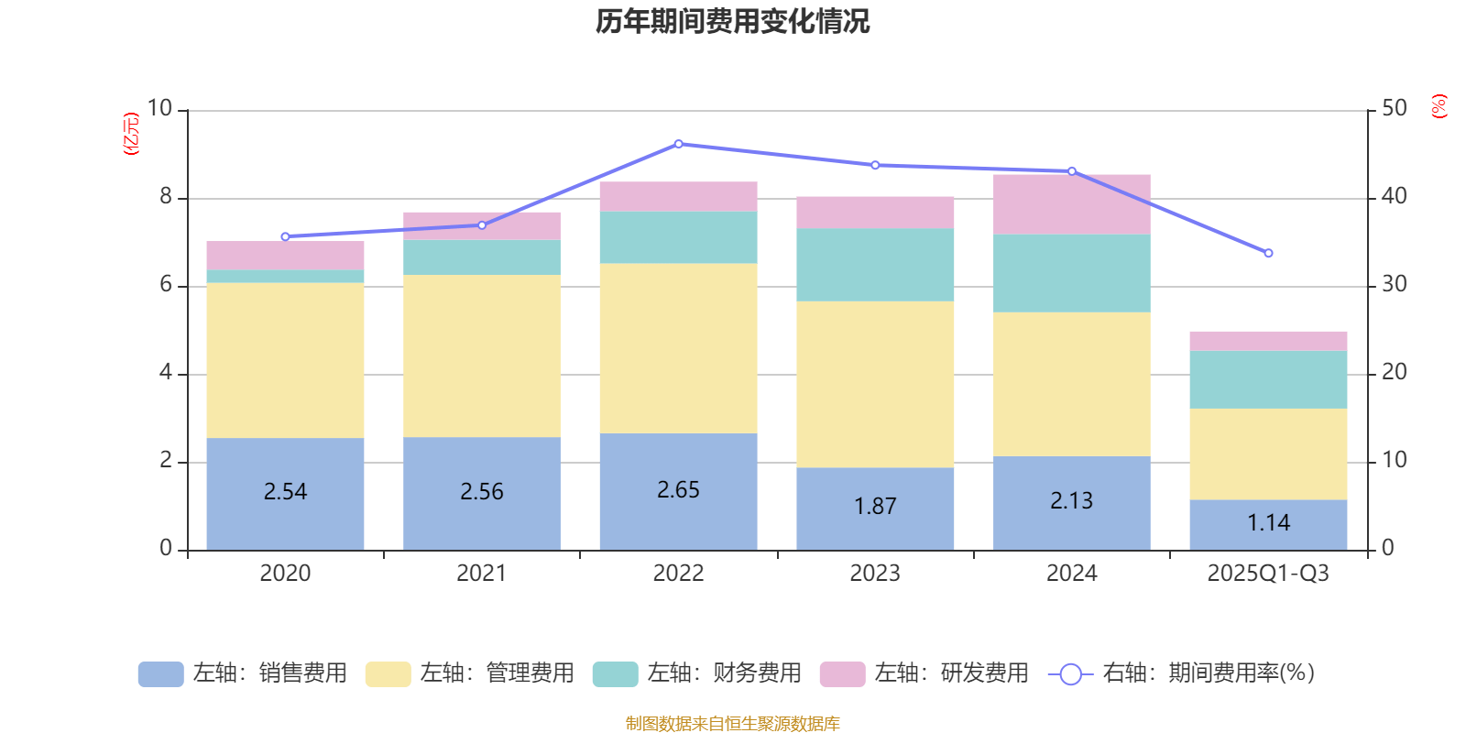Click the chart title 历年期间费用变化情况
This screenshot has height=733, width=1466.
(732, 22)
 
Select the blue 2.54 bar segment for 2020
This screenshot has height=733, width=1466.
(285, 493)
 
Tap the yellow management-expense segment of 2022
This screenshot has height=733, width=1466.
(678, 348)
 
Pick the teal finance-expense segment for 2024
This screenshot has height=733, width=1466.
(1071, 273)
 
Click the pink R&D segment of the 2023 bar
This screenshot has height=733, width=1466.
(875, 212)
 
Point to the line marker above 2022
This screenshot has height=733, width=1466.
(678, 144)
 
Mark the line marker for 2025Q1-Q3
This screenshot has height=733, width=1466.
(1268, 253)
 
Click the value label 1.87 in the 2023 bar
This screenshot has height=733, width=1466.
(875, 506)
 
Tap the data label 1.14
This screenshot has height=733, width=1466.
(1268, 522)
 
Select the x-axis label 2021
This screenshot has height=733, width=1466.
(481, 574)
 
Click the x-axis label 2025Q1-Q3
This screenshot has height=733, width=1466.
(1268, 574)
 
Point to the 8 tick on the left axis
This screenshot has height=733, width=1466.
(166, 196)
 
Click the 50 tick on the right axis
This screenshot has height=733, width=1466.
(1394, 108)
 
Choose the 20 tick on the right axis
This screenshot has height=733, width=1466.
(1394, 372)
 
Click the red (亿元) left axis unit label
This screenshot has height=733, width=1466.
(131, 134)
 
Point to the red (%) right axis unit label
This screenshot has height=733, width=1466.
(1439, 106)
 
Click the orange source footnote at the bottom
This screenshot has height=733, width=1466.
(732, 724)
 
